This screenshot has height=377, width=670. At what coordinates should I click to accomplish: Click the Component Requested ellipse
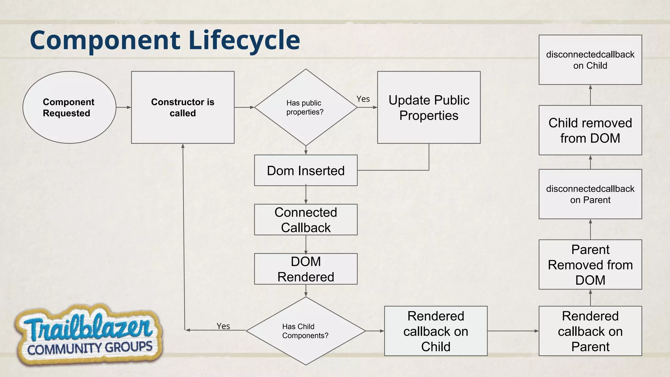click(x=69, y=107)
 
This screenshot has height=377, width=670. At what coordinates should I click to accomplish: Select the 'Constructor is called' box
click(x=183, y=107)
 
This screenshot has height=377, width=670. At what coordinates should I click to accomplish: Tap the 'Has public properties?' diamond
click(x=306, y=107)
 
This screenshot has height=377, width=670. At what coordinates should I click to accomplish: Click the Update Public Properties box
click(x=429, y=107)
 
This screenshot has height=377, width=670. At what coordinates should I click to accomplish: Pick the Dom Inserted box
click(x=306, y=171)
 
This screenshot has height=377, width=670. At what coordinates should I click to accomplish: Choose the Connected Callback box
click(x=306, y=220)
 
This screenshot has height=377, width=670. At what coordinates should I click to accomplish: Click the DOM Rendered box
click(x=306, y=269)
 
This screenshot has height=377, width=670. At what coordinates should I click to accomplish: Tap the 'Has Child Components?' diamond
click(x=306, y=331)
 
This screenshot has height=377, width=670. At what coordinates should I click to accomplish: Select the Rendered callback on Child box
click(x=435, y=331)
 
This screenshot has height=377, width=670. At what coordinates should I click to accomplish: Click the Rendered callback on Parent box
click(x=590, y=331)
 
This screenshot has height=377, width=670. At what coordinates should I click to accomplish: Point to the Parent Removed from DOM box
click(x=590, y=264)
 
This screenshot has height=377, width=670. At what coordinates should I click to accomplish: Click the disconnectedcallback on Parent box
click(x=590, y=194)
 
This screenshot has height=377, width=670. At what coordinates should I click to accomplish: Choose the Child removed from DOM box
click(x=590, y=130)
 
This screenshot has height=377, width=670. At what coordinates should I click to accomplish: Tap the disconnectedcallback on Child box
click(x=590, y=60)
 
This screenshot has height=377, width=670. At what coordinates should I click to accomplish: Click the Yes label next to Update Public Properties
click(x=363, y=99)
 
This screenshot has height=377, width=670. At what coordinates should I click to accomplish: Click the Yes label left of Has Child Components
click(x=223, y=326)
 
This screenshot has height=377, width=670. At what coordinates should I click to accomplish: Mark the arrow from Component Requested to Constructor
click(x=123, y=107)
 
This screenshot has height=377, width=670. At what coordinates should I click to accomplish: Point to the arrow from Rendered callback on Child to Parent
click(x=513, y=331)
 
